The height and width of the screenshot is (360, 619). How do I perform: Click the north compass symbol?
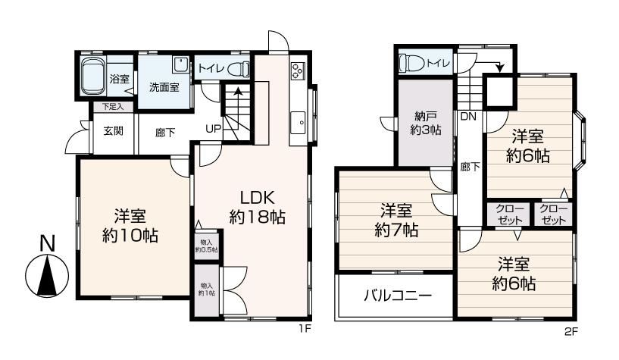coord(47,268)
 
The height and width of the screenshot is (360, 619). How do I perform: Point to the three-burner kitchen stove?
coord(298,71)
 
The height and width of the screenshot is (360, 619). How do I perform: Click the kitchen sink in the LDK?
coord(298,123)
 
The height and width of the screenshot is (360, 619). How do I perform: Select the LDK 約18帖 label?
coord(258,207)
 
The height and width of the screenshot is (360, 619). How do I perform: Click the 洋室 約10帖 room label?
coord(130,226)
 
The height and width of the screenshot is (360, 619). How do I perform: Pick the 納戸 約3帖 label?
coord(426,123)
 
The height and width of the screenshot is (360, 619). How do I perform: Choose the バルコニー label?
coord(398,296)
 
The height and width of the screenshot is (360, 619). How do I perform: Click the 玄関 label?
coord(114,130)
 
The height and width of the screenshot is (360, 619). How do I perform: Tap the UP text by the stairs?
coord(214,129)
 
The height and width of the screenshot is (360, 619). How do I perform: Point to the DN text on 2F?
coord(468,117)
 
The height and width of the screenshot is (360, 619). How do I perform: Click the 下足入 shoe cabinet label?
coord(113,107)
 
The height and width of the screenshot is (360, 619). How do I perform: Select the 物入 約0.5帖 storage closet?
coord(207,245)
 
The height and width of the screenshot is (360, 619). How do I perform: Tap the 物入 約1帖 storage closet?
coord(207,290)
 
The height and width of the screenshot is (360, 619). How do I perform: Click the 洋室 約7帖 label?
coord(396,220)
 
